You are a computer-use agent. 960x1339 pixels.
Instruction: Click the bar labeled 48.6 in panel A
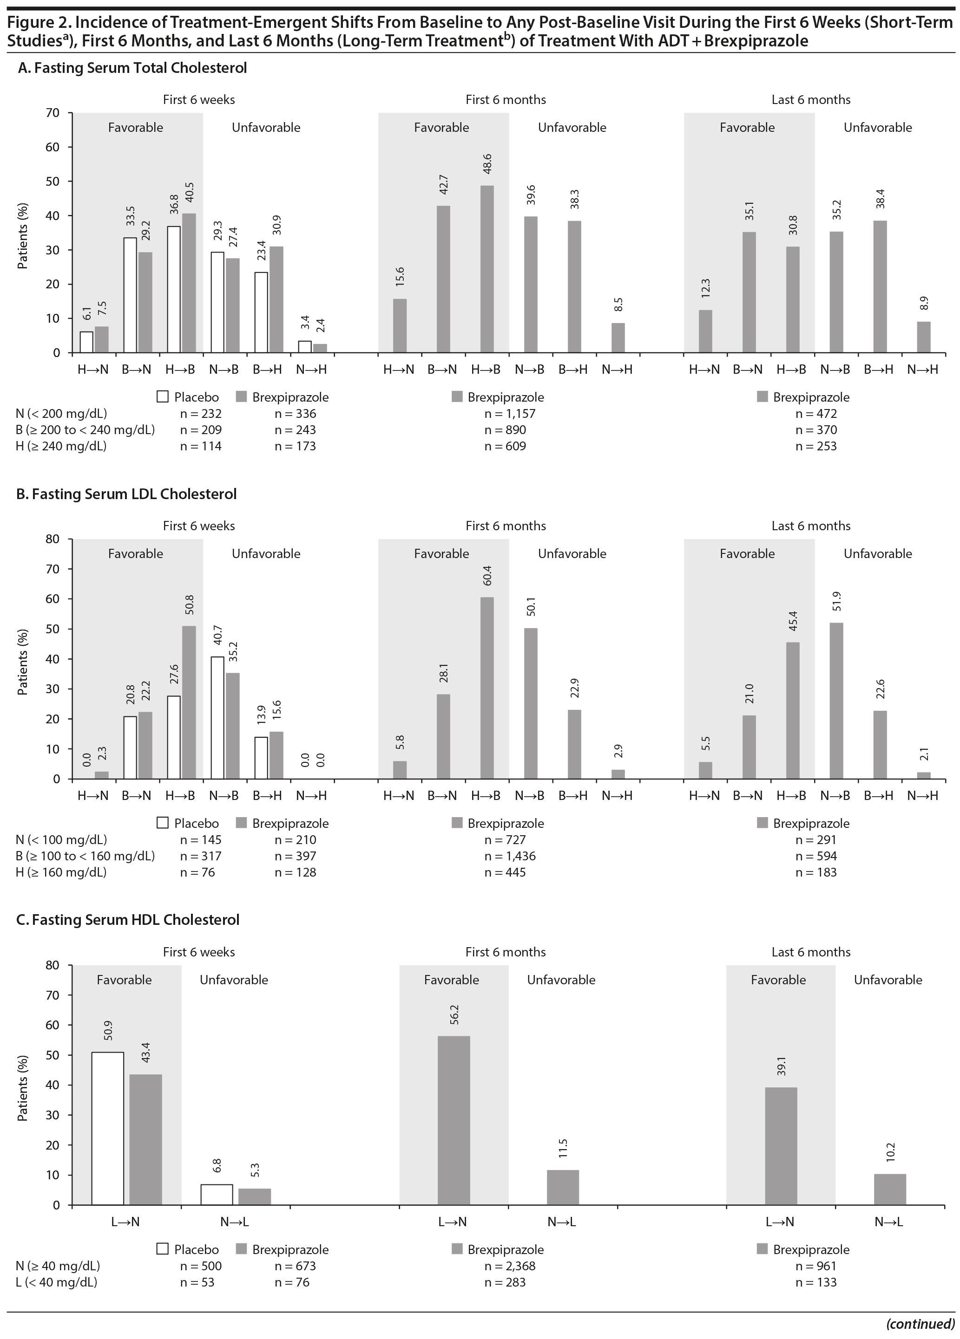click(x=487, y=269)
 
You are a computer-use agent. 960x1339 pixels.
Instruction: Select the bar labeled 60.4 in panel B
click(x=487, y=688)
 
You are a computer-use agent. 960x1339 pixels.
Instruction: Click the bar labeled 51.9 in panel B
click(x=836, y=701)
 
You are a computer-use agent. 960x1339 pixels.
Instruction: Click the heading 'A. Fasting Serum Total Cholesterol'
click(x=132, y=68)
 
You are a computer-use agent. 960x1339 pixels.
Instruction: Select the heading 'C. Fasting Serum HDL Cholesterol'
click(x=128, y=920)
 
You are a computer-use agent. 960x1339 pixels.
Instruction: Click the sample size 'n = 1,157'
click(x=509, y=414)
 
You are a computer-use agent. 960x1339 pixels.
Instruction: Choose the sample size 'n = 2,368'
click(x=509, y=1266)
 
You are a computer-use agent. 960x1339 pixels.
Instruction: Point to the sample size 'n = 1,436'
click(x=510, y=856)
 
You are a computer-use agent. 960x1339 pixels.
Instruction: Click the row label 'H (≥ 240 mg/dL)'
click(x=61, y=446)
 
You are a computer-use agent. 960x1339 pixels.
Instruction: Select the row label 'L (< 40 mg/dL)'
click(x=57, y=1282)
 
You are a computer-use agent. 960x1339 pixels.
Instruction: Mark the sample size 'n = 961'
click(x=816, y=1266)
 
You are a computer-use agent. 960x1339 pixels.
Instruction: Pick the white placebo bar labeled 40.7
click(x=217, y=717)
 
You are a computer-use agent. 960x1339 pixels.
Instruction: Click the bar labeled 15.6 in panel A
click(x=400, y=325)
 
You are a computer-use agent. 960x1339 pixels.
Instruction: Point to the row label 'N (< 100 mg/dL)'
click(x=61, y=839)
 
